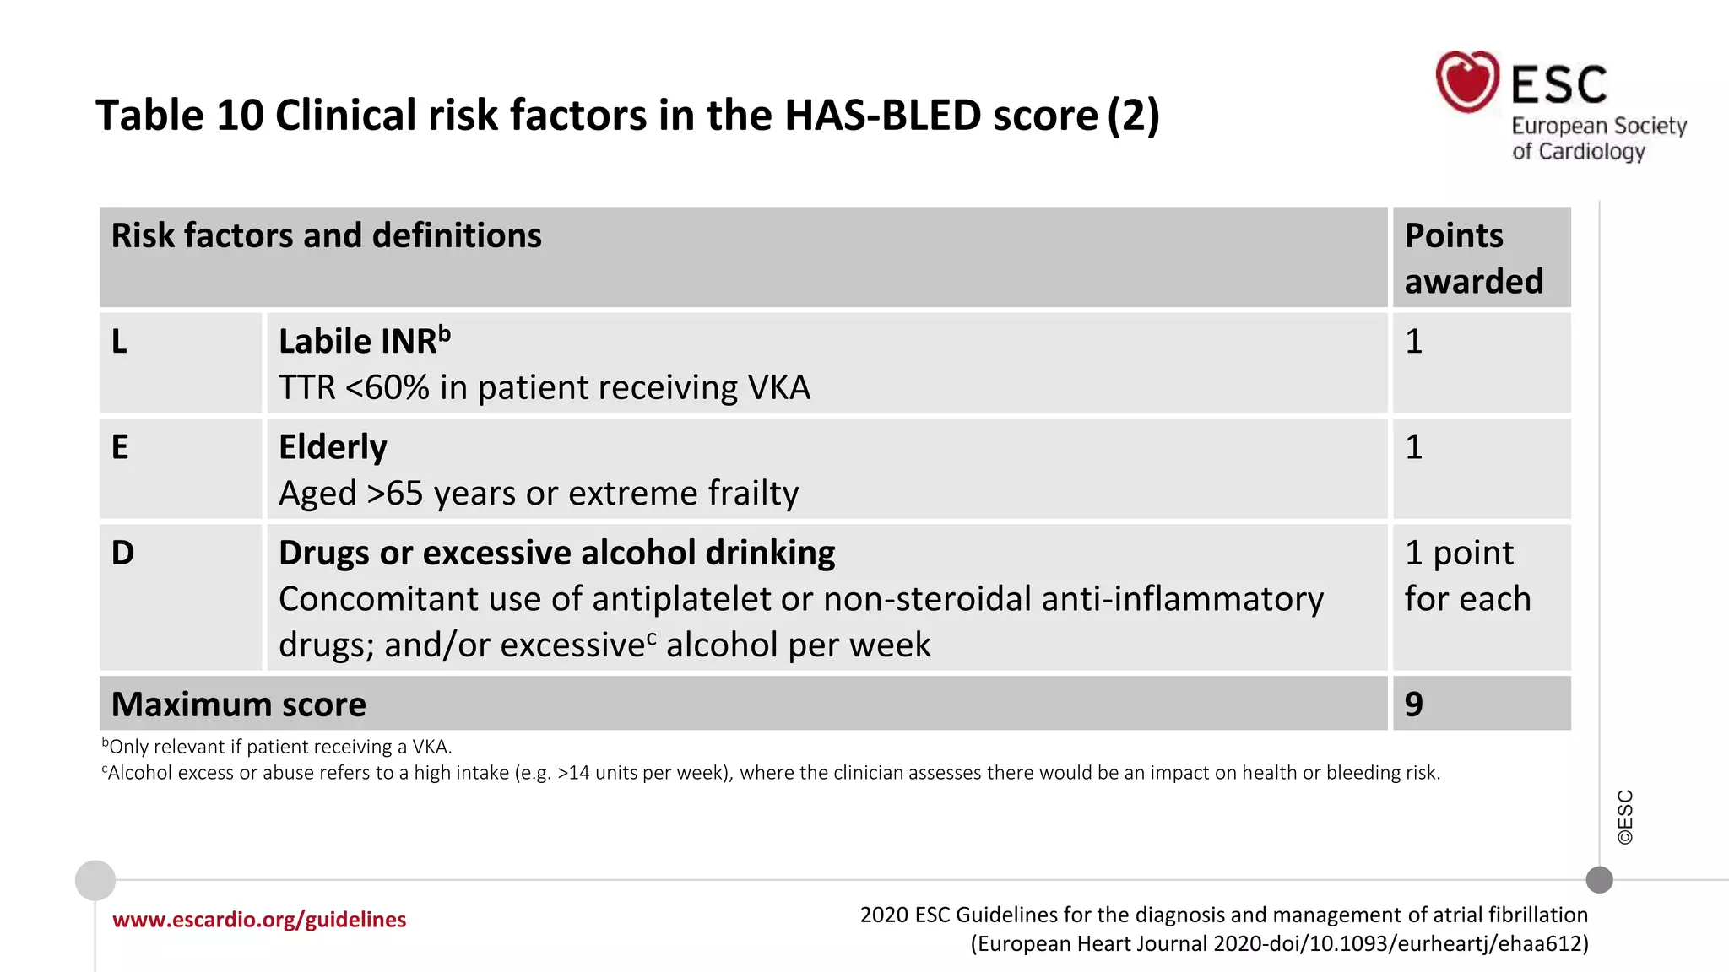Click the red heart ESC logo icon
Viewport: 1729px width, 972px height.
[x=1467, y=82]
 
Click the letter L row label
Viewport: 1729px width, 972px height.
[x=119, y=342]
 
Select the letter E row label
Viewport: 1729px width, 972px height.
[x=120, y=447]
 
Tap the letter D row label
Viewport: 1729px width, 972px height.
[x=122, y=553]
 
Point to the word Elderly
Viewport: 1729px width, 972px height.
[x=333, y=447]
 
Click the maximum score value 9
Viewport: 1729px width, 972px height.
[x=1413, y=705]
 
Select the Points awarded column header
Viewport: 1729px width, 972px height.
[x=1473, y=257]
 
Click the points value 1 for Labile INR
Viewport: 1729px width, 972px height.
[x=1413, y=342]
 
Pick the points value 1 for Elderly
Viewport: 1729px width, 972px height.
[x=1413, y=447]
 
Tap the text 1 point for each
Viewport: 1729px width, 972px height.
[x=1467, y=575]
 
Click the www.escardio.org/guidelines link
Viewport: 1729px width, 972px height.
[x=259, y=920]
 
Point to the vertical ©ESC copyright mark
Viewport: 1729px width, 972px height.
[x=1625, y=817]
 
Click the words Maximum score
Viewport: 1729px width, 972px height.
[x=239, y=705]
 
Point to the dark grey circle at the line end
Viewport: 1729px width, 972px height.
[x=1599, y=880]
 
